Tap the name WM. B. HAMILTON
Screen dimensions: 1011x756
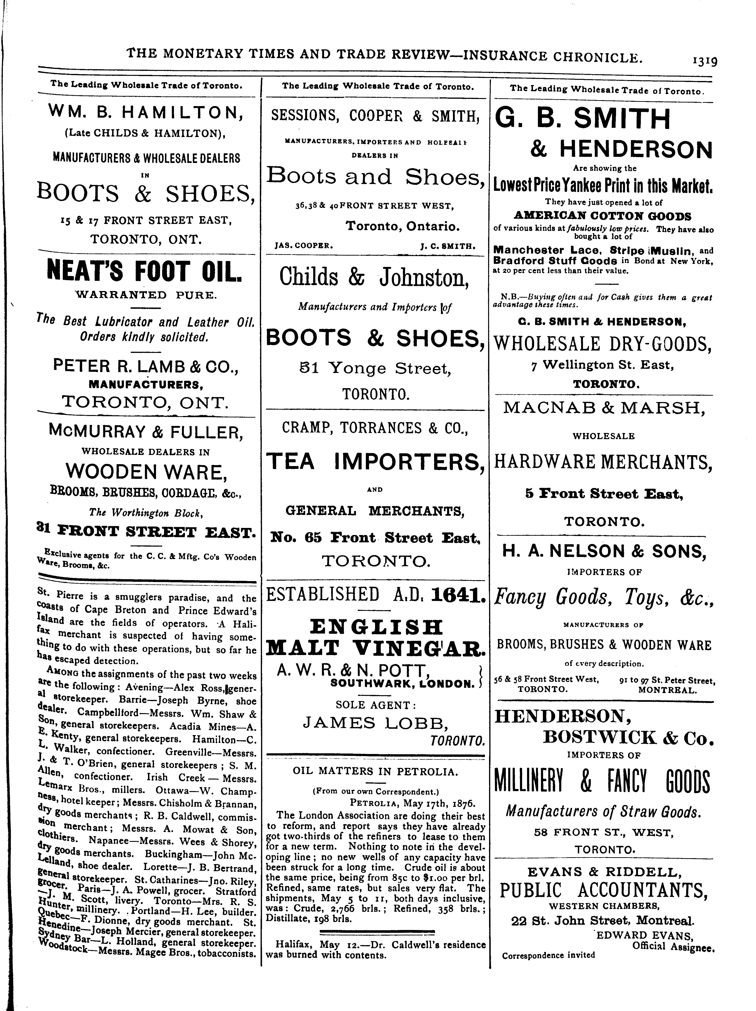pyautogui.click(x=145, y=112)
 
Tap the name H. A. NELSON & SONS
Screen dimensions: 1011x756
pyautogui.click(x=604, y=552)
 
